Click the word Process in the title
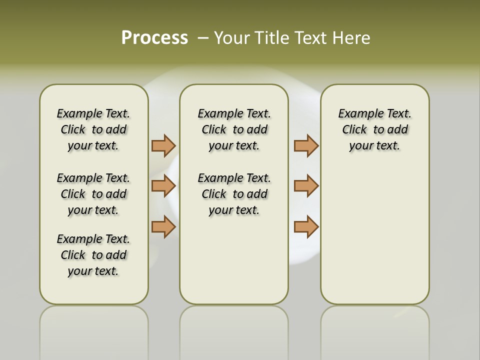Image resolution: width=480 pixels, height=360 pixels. pyautogui.click(x=154, y=37)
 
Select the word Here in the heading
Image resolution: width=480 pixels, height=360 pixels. pyautogui.click(x=350, y=37)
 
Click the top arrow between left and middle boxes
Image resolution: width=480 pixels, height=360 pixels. pyautogui.click(x=163, y=145)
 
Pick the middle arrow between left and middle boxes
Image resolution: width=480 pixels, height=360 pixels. pyautogui.click(x=163, y=186)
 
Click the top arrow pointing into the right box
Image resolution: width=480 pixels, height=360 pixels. pyautogui.click(x=306, y=145)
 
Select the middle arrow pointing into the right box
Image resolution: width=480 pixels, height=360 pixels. pyautogui.click(x=306, y=186)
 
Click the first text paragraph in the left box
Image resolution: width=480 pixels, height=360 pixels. pyautogui.click(x=93, y=129)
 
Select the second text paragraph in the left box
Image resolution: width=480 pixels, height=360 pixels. pyautogui.click(x=93, y=194)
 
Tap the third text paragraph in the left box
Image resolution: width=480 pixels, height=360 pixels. pyautogui.click(x=93, y=255)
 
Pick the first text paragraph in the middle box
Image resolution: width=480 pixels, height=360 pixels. pyautogui.click(x=234, y=129)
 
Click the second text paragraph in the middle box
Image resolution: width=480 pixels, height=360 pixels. pyautogui.click(x=234, y=194)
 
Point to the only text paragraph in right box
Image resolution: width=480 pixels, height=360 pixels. pyautogui.click(x=374, y=129)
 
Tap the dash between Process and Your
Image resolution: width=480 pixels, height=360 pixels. pyautogui.click(x=203, y=37)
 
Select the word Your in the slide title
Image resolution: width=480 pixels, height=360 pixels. pyautogui.click(x=232, y=37)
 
